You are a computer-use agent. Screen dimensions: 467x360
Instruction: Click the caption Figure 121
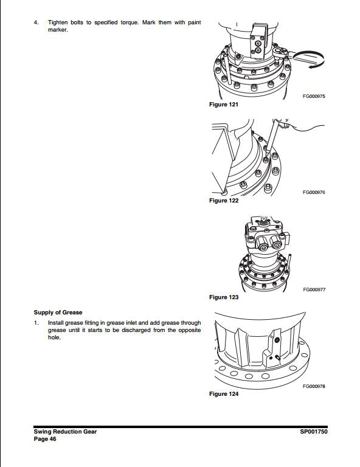[x=223, y=105]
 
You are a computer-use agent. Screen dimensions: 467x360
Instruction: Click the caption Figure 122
[x=223, y=201]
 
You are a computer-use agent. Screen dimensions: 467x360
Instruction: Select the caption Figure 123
[x=223, y=297]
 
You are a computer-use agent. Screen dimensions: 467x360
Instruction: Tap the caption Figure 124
[x=223, y=394]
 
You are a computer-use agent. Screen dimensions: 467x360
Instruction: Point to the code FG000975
[x=314, y=96]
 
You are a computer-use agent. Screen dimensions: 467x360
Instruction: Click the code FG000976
[x=314, y=192]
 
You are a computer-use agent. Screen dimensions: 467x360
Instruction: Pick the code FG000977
[x=314, y=289]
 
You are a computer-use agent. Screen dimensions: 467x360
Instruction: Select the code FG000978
[x=314, y=386]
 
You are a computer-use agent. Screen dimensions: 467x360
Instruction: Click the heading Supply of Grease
[x=58, y=313]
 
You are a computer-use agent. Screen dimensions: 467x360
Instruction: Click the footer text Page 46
[x=46, y=439]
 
